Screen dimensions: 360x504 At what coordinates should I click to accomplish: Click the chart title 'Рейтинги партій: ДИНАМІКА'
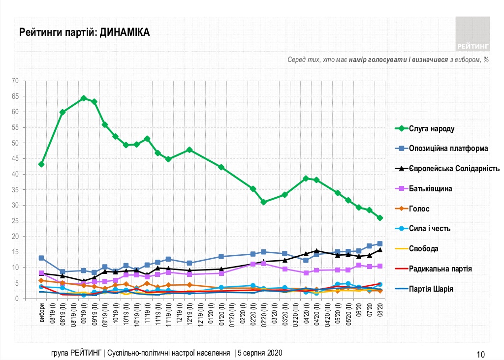84,32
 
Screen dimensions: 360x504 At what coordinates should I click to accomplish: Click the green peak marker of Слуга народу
84,98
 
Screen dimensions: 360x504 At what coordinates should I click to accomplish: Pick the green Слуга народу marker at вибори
42,164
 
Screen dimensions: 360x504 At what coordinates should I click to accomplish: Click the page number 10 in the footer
481,354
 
